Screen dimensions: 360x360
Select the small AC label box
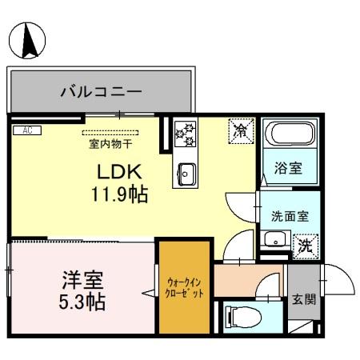pos(26,130)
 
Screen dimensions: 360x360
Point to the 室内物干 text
pos(110,146)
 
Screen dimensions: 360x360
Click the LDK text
pos(119,171)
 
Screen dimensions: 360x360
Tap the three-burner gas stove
pos(186,133)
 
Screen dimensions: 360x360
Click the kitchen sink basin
pos(187,172)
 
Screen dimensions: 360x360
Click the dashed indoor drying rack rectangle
pos(110,133)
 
